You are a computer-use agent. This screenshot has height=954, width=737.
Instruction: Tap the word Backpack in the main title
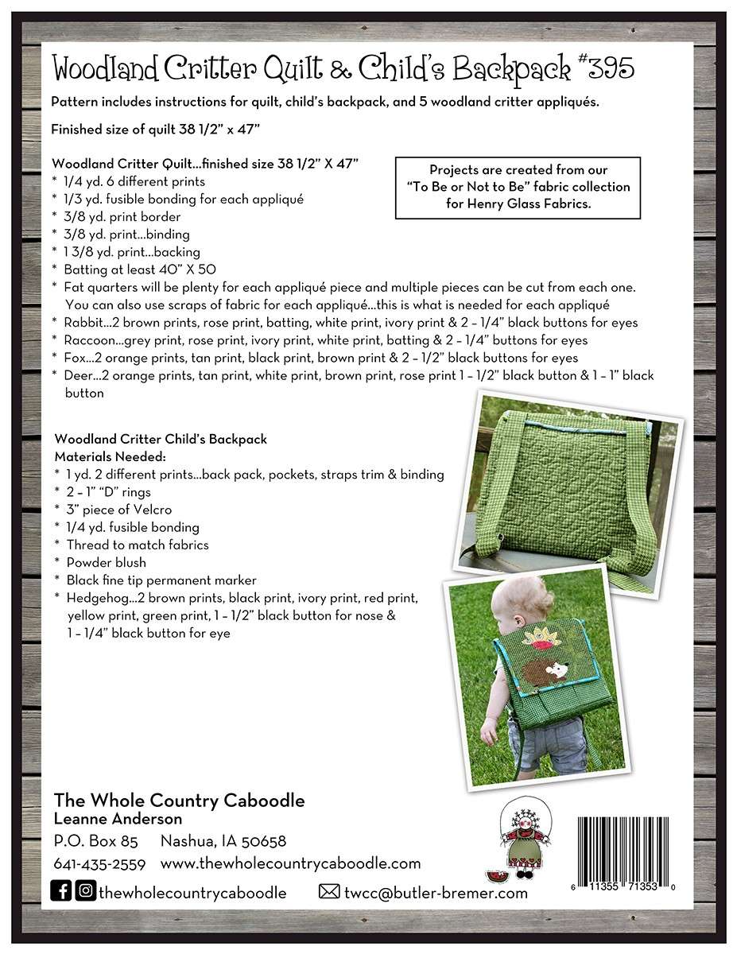(512, 70)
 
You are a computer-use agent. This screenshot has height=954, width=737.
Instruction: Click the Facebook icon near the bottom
(61, 891)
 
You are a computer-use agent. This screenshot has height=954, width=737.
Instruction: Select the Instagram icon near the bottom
(86, 891)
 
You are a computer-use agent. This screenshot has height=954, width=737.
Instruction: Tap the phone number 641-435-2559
(99, 864)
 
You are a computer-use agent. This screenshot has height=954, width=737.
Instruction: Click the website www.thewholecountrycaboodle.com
(290, 864)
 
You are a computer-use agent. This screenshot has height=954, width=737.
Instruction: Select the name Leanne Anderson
(118, 819)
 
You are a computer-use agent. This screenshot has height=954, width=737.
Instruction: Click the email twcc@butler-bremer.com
(436, 892)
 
